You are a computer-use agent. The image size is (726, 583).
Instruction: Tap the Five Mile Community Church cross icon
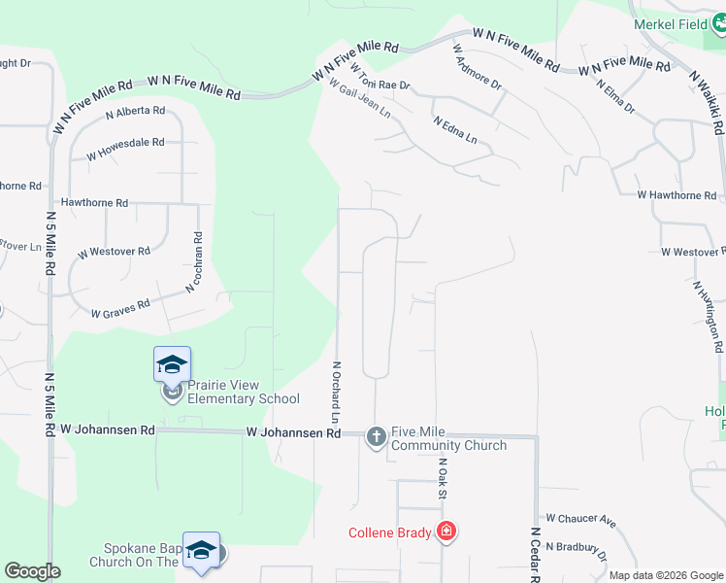coord(376,437)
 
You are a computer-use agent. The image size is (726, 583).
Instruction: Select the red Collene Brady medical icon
coord(445,532)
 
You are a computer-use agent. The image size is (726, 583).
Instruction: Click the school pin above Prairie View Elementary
coord(172,364)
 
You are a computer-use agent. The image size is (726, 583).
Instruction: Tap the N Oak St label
coord(442,479)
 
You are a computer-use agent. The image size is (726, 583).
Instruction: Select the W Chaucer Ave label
coord(581,521)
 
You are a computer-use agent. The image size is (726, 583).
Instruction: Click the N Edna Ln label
coord(456,131)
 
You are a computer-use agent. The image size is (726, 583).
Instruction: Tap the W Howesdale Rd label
coord(125,148)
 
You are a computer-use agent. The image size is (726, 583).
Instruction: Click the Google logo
coord(32,571)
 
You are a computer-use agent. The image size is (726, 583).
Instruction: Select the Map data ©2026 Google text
coord(666,575)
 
